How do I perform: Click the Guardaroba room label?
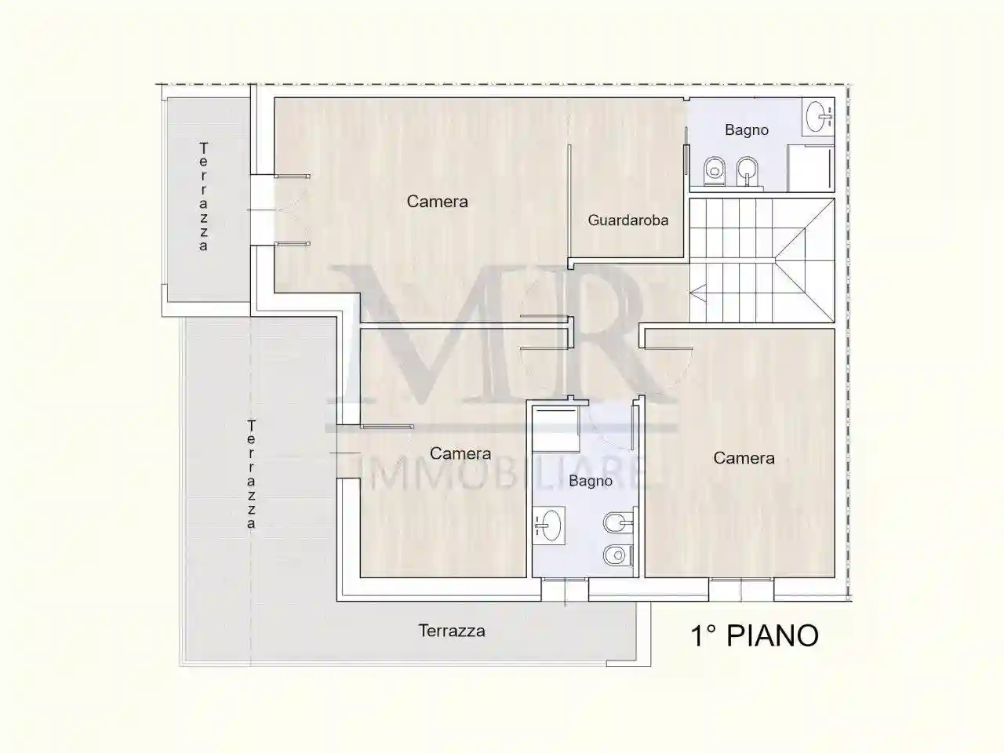[x=628, y=220]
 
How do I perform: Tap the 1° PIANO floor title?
[x=755, y=635]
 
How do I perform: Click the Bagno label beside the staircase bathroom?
[x=747, y=130]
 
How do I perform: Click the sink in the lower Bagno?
[x=549, y=525]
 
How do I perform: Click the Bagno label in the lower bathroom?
[x=591, y=481]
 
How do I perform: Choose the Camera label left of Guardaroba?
[x=437, y=202]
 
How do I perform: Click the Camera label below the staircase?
[x=744, y=458]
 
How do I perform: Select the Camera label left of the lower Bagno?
[x=460, y=453]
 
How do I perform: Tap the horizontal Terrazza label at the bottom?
[x=451, y=631]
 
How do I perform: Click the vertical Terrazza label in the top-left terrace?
[x=204, y=196]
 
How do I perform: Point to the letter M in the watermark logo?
[x=408, y=329]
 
